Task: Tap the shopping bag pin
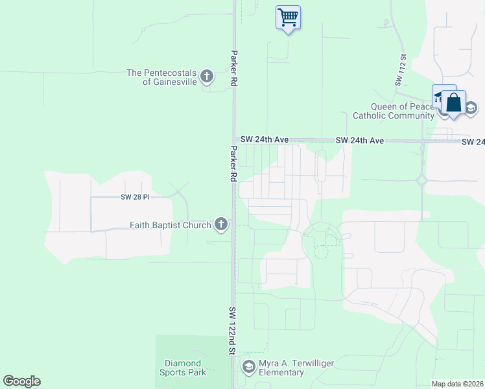click(453, 103)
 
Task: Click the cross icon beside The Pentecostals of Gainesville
click(207, 77)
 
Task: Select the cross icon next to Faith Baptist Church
click(221, 225)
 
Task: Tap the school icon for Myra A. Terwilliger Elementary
click(248, 368)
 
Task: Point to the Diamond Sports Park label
click(183, 368)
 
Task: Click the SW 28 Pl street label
click(135, 196)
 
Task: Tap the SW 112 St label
click(401, 71)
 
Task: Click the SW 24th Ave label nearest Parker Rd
click(264, 139)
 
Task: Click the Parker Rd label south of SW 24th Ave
click(231, 163)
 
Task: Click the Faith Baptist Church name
click(171, 226)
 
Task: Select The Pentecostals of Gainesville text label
click(161, 77)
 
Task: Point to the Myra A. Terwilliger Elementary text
click(290, 368)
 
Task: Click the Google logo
click(21, 381)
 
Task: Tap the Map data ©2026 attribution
click(458, 384)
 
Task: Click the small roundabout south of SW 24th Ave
click(422, 180)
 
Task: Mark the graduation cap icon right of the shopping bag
click(471, 108)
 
